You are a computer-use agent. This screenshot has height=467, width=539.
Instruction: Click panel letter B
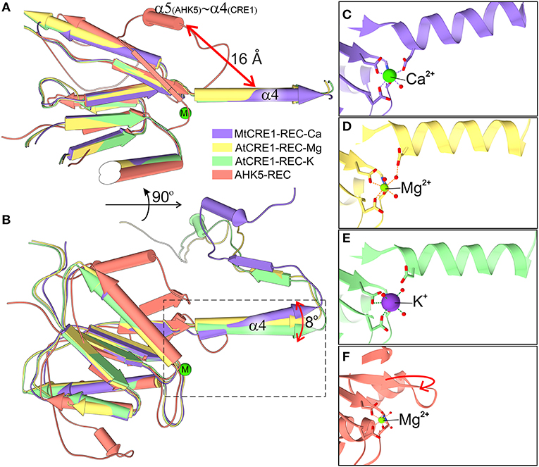[x=6, y=220]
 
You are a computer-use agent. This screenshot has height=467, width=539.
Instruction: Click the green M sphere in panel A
[x=185, y=113]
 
